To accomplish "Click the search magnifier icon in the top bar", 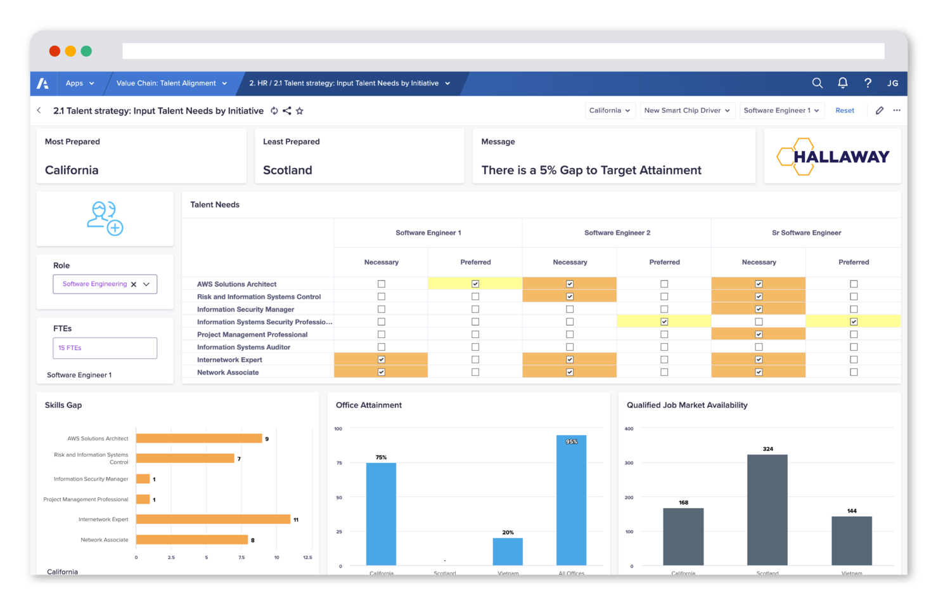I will coord(817,83).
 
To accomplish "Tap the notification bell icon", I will coord(842,83).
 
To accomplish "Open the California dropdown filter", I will coord(609,110).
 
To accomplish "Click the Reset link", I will coord(844,110).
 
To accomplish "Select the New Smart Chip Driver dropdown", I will coord(687,110).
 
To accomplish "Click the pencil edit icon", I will coord(879,110).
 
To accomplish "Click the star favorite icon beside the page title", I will coord(300,111).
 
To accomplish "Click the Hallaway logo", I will coord(833,157).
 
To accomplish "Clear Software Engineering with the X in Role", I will coord(134,284).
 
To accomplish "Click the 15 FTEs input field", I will coord(105,348).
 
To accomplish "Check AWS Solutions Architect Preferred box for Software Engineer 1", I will coord(475,284).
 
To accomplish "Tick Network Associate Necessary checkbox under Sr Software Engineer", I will coord(759,372).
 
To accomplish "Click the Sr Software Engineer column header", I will coord(806,233).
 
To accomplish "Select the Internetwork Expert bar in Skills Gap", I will coord(213,519).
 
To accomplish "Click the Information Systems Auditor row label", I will coord(243,347).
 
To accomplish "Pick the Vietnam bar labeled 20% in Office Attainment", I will coord(508,551).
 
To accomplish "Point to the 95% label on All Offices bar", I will coord(571,441).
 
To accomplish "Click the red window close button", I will coord(55,51).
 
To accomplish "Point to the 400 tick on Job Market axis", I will coord(629,429).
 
